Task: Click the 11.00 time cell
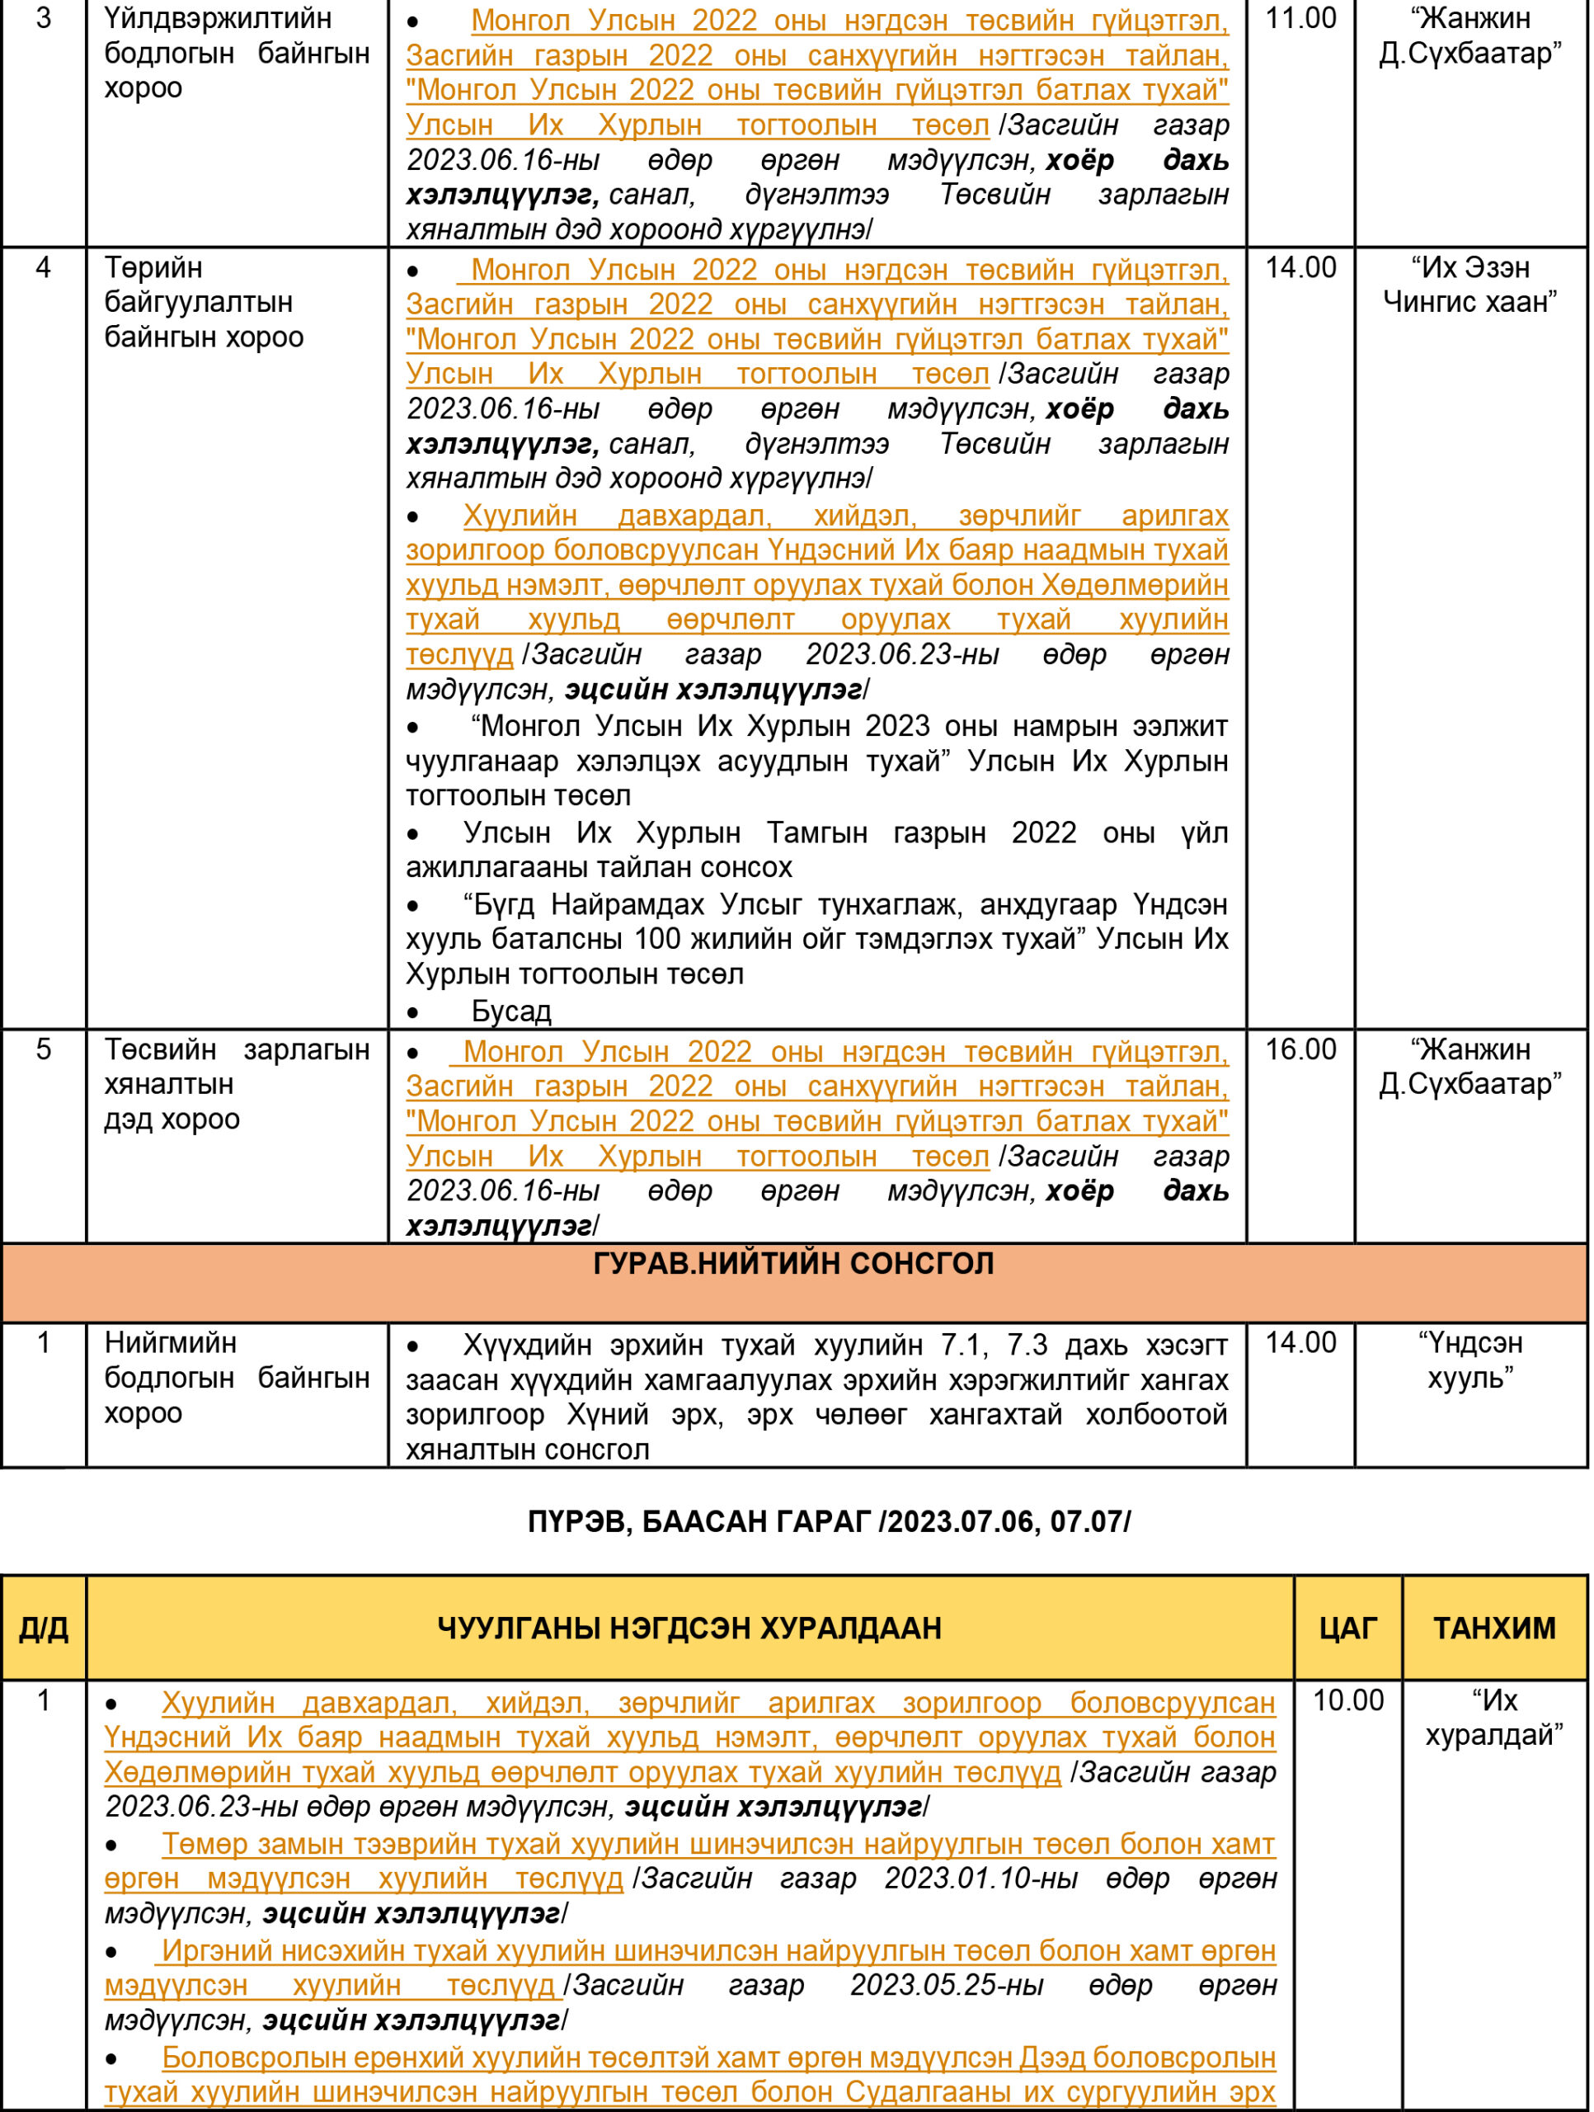click(1300, 19)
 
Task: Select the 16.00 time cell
click(1300, 1049)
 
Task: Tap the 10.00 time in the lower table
click(1347, 1700)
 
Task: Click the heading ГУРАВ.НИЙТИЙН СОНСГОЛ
click(793, 1263)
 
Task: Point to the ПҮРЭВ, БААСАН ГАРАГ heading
click(829, 1521)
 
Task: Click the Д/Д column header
click(44, 1628)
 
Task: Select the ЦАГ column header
click(1347, 1628)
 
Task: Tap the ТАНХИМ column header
click(1493, 1628)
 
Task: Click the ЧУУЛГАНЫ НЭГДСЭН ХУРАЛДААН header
click(689, 1628)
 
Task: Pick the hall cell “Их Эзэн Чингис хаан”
click(1470, 285)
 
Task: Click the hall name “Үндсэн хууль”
click(1470, 1360)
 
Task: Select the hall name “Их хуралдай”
click(1493, 1718)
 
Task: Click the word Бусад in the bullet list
click(510, 1011)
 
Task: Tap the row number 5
click(44, 1049)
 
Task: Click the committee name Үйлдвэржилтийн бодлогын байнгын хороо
click(237, 53)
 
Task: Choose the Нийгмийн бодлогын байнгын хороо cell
click(237, 1378)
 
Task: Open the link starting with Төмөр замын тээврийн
click(717, 1844)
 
